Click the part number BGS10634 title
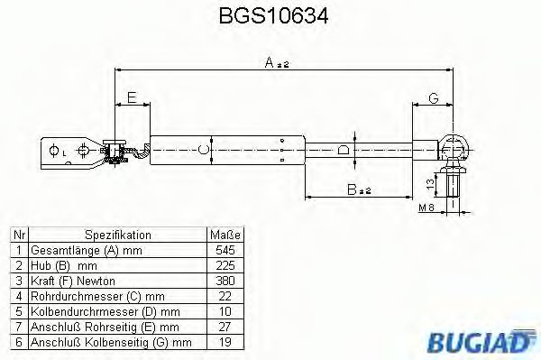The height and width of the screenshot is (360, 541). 271,16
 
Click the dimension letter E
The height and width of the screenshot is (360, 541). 132,97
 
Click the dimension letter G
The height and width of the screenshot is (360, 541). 434,97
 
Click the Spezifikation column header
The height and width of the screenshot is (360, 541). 117,234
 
